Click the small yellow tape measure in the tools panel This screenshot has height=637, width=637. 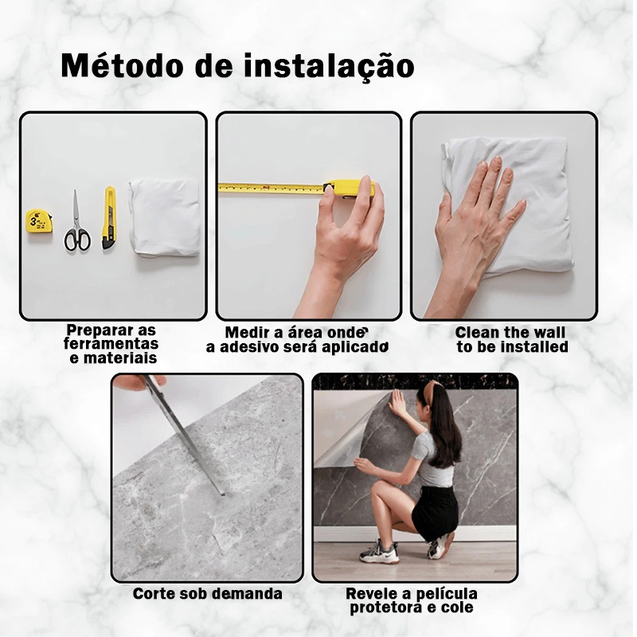[x=39, y=221]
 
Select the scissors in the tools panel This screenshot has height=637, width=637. [x=76, y=221]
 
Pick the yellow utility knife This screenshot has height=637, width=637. [x=108, y=217]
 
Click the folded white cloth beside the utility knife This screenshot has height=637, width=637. [x=165, y=217]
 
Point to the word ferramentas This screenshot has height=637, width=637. [x=111, y=344]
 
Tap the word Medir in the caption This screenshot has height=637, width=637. [x=248, y=333]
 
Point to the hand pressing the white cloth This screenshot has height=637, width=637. [x=473, y=232]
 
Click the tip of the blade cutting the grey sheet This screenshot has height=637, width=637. [x=223, y=494]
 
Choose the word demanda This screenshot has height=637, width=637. [x=247, y=594]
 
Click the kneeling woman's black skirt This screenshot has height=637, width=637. [x=435, y=511]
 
